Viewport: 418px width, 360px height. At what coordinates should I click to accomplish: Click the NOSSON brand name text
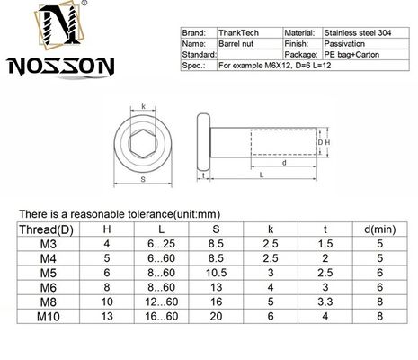48,67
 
